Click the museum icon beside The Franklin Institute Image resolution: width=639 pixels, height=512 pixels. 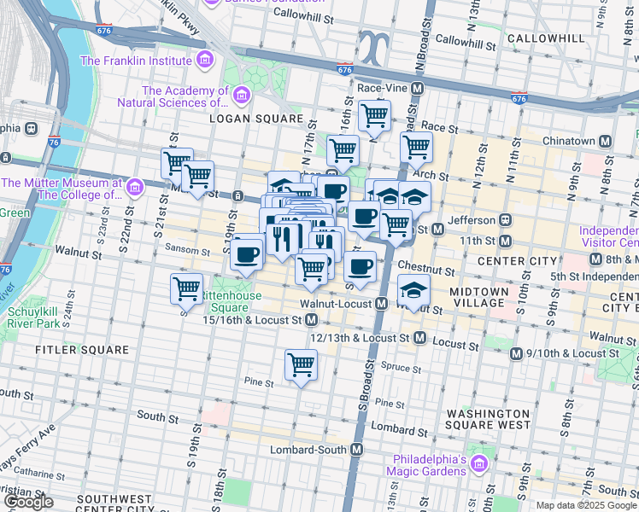coord(204,61)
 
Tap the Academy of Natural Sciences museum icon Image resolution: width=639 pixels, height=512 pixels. coord(242,95)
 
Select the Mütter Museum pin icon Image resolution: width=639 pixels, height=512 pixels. coord(133,187)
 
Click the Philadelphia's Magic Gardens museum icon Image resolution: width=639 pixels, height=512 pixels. coord(478,464)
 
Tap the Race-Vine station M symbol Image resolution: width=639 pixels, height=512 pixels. coord(418,89)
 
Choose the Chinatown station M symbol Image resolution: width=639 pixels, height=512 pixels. coord(606,141)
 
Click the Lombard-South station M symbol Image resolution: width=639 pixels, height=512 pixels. coord(357,450)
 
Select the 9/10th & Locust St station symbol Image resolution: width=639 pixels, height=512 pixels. coord(516,353)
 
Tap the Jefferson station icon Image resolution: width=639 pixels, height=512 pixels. coord(506,219)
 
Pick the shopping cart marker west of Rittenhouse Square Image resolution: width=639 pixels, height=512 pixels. coord(186,288)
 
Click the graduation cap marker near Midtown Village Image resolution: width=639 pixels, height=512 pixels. coord(413,290)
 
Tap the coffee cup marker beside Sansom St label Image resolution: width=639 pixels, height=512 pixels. coord(247,253)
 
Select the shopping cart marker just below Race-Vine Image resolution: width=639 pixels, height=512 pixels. coord(374,113)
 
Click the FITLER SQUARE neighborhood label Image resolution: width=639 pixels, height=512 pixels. coord(82,350)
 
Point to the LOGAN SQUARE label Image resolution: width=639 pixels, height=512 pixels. coord(257,119)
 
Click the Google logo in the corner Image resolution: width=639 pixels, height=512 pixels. coord(29,503)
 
